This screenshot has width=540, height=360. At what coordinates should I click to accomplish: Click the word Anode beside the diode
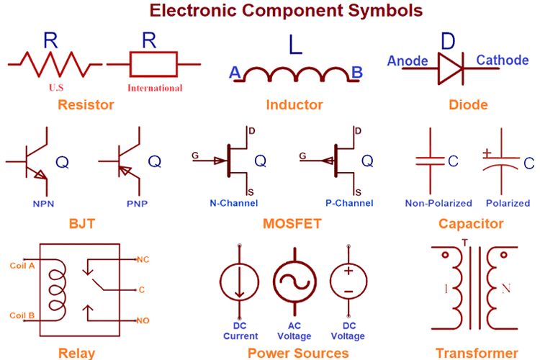(408, 61)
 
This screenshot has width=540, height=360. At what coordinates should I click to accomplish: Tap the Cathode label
(502, 60)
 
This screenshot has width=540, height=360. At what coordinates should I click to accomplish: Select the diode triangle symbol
(451, 68)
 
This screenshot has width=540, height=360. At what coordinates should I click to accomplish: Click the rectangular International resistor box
(153, 64)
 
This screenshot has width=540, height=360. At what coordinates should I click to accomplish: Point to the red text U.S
(56, 88)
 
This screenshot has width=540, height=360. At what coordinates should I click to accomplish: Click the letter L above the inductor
(295, 45)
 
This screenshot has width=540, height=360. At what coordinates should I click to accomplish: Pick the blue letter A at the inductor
(235, 72)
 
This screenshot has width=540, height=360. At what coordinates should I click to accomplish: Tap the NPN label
(43, 204)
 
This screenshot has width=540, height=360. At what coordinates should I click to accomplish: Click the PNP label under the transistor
(137, 204)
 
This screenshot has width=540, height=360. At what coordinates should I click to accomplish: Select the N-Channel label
(234, 203)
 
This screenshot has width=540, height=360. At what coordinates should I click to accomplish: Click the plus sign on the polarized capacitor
(487, 153)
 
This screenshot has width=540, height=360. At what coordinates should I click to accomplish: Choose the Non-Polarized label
(438, 203)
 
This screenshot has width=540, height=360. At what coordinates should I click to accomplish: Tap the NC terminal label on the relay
(143, 259)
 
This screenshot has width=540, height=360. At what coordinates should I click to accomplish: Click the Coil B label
(22, 315)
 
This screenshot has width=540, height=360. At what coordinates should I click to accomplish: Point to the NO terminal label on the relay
(143, 320)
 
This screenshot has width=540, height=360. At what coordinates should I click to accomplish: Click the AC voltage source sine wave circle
(294, 282)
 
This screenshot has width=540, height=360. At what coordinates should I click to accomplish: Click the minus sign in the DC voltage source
(348, 292)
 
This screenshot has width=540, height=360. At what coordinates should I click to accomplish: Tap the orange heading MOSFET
(292, 224)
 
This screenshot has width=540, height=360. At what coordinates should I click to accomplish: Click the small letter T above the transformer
(465, 243)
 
